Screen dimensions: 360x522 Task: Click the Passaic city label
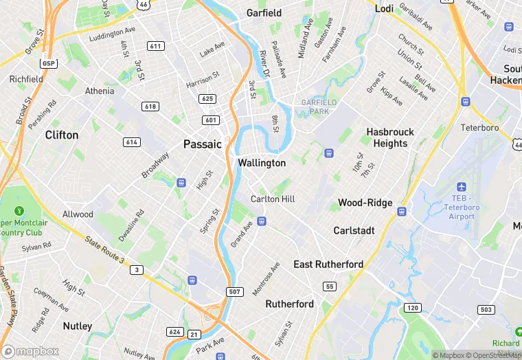pos(203,144)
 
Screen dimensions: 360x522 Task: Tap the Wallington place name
pos(262,163)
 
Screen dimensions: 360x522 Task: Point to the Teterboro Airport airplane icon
pos(460,188)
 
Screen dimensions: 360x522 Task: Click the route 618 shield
pos(150,106)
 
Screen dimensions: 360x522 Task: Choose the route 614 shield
pos(133,142)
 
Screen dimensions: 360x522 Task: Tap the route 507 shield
pos(234,292)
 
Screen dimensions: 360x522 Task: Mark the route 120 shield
pos(411,307)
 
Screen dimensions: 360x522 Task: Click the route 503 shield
pos(486,310)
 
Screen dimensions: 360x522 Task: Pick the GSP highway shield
pos(48,63)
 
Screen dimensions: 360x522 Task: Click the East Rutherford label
pos(328,265)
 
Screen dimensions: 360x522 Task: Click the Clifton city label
pos(62,135)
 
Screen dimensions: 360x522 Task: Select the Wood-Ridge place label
pos(365,203)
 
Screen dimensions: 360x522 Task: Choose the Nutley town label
pos(78,326)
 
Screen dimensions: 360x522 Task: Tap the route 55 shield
pos(330,286)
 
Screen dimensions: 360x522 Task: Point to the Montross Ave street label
pos(266,278)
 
